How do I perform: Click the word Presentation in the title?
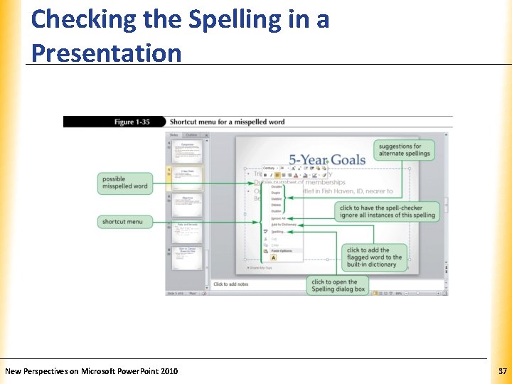click(x=107, y=53)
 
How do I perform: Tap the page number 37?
click(x=502, y=371)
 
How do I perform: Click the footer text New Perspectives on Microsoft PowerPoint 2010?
click(x=92, y=371)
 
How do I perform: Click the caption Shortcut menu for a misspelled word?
click(x=227, y=122)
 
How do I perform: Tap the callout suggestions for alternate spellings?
click(x=405, y=149)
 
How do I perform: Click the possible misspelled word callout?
click(x=124, y=183)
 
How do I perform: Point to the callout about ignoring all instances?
click(x=387, y=212)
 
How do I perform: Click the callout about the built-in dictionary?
click(x=374, y=258)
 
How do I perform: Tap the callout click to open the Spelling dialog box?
click(x=338, y=285)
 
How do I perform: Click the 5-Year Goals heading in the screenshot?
click(x=327, y=160)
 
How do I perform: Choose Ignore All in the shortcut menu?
click(x=278, y=218)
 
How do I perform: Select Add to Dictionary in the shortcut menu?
click(x=283, y=225)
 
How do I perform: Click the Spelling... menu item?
click(x=277, y=232)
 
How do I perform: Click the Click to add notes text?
click(x=230, y=284)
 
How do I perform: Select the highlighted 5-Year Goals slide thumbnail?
click(x=188, y=177)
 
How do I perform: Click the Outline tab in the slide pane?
click(x=191, y=134)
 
